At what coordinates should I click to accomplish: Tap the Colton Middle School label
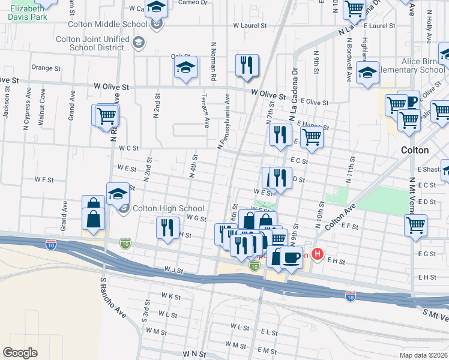pyautogui.click(x=107, y=24)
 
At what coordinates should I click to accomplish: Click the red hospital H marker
pyautogui.click(x=318, y=255)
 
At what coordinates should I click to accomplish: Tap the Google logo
pyautogui.click(x=20, y=353)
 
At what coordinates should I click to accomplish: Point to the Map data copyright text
pyautogui.click(x=424, y=355)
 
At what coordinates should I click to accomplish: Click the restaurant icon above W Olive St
pyautogui.click(x=247, y=66)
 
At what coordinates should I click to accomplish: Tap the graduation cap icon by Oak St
pyautogui.click(x=186, y=69)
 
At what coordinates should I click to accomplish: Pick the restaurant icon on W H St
pyautogui.click(x=167, y=228)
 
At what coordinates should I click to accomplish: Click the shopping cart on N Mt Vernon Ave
pyautogui.click(x=415, y=226)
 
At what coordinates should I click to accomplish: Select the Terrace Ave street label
pyautogui.click(x=205, y=114)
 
